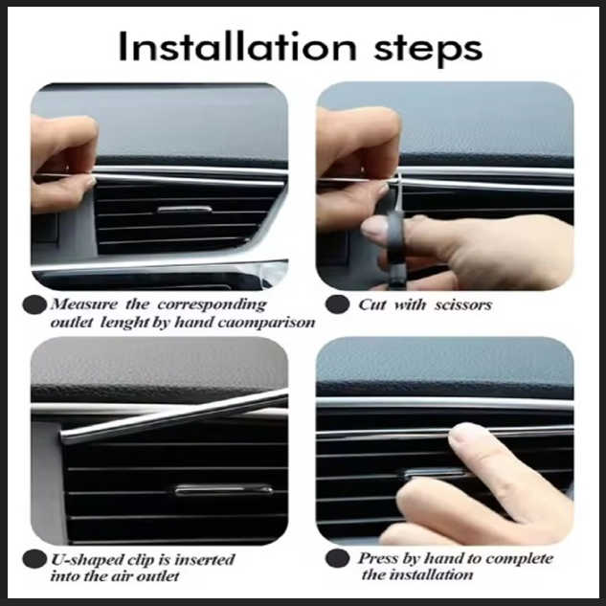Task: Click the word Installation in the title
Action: pyautogui.click(x=236, y=46)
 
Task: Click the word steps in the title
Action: pyautogui.click(x=428, y=50)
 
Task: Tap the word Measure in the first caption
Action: pyautogui.click(x=83, y=304)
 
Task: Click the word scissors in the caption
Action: pyautogui.click(x=463, y=305)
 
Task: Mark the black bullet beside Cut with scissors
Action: pyautogui.click(x=337, y=304)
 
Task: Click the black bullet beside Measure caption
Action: pyautogui.click(x=34, y=304)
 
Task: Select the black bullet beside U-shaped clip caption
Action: pyautogui.click(x=34, y=559)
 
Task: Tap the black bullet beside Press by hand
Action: pyautogui.click(x=337, y=559)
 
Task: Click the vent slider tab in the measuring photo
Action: pyautogui.click(x=185, y=210)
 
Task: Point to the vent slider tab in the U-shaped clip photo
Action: pyautogui.click(x=223, y=490)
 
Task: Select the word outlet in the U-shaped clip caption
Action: pyautogui.click(x=158, y=576)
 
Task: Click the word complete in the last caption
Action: pyautogui.click(x=520, y=559)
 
